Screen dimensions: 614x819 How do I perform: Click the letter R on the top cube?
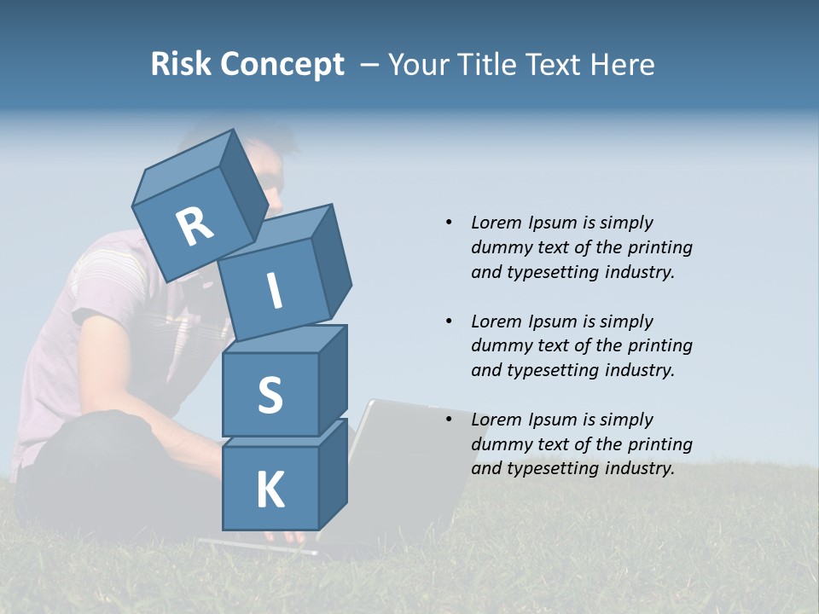195,226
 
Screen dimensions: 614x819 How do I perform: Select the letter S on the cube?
270,396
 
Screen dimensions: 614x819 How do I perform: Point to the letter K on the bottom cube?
270,489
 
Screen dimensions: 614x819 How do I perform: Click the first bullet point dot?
449,223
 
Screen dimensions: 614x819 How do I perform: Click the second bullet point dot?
449,321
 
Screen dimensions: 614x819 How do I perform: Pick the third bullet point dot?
449,420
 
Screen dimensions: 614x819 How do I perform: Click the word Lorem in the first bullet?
496,223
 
